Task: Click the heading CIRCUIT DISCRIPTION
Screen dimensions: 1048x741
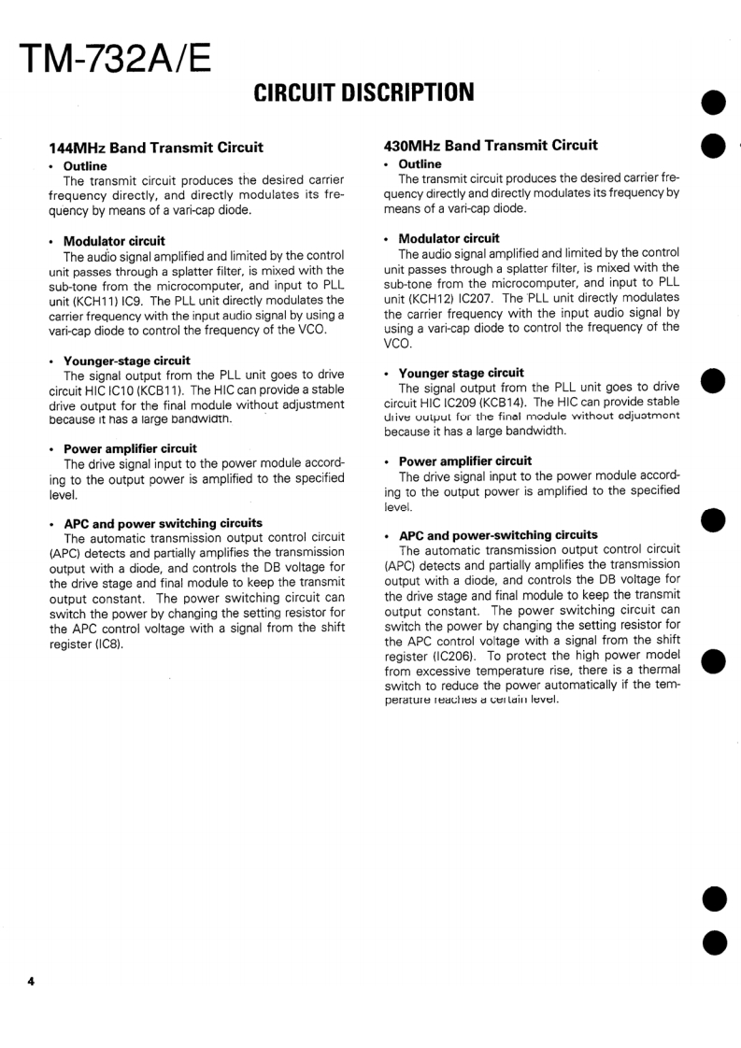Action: (364, 92)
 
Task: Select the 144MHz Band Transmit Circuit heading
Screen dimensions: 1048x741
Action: (156, 147)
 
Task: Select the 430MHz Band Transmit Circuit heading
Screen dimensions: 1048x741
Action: (491, 145)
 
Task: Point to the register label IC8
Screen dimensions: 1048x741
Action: (107, 644)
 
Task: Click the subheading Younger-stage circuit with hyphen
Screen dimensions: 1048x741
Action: (126, 361)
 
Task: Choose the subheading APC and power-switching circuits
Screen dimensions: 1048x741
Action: (498, 535)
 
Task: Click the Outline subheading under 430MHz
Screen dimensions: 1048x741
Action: (420, 164)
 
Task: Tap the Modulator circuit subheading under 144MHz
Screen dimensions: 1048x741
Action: (114, 241)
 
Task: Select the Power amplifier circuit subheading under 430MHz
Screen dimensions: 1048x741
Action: (464, 460)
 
